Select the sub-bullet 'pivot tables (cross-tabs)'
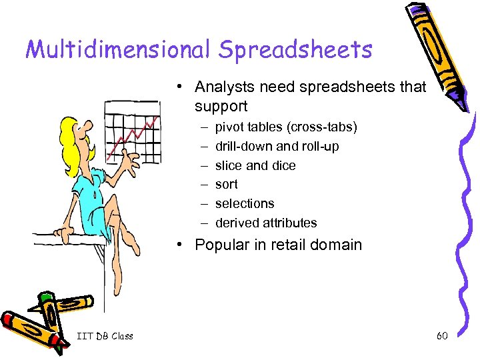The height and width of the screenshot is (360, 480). pyautogui.click(x=286, y=127)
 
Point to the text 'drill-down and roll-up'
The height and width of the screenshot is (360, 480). pyautogui.click(x=277, y=146)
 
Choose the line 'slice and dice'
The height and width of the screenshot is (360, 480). pyautogui.click(x=255, y=165)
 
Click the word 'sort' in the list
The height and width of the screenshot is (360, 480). pyautogui.click(x=227, y=184)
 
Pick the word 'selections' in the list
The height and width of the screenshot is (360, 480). pyautogui.click(x=245, y=203)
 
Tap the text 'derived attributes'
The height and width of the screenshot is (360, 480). pyautogui.click(x=266, y=223)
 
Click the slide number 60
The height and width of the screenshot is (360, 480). pyautogui.click(x=442, y=336)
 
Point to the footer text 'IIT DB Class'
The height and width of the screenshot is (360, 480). pyautogui.click(x=105, y=336)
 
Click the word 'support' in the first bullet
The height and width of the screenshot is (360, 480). pyautogui.click(x=221, y=106)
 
